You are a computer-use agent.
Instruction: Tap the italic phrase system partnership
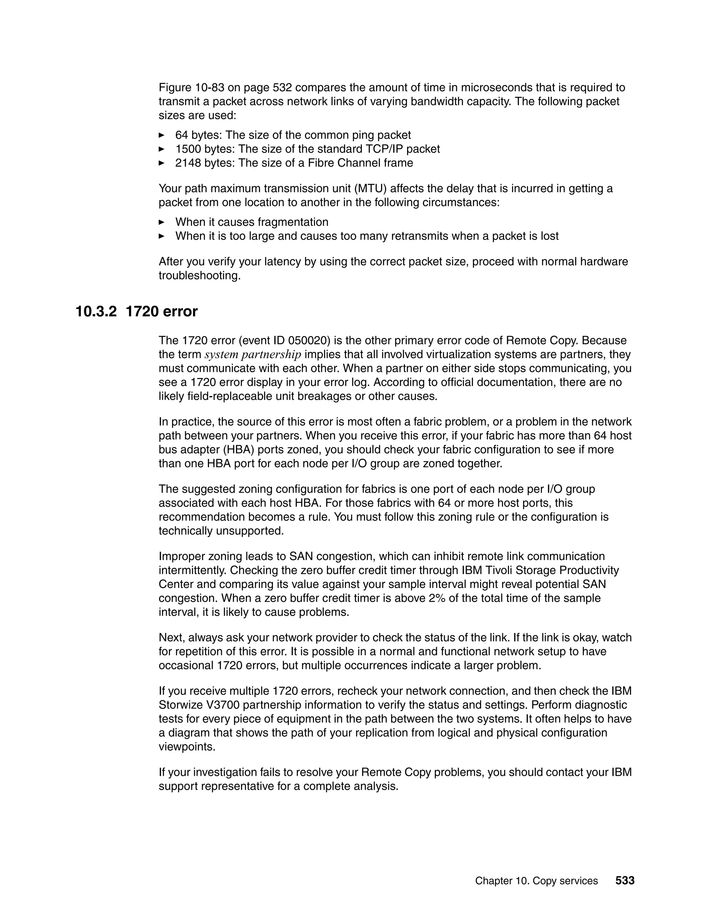pos(253,354)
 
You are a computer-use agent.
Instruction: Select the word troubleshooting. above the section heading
pos(199,276)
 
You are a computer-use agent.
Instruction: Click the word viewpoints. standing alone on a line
pos(184,747)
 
